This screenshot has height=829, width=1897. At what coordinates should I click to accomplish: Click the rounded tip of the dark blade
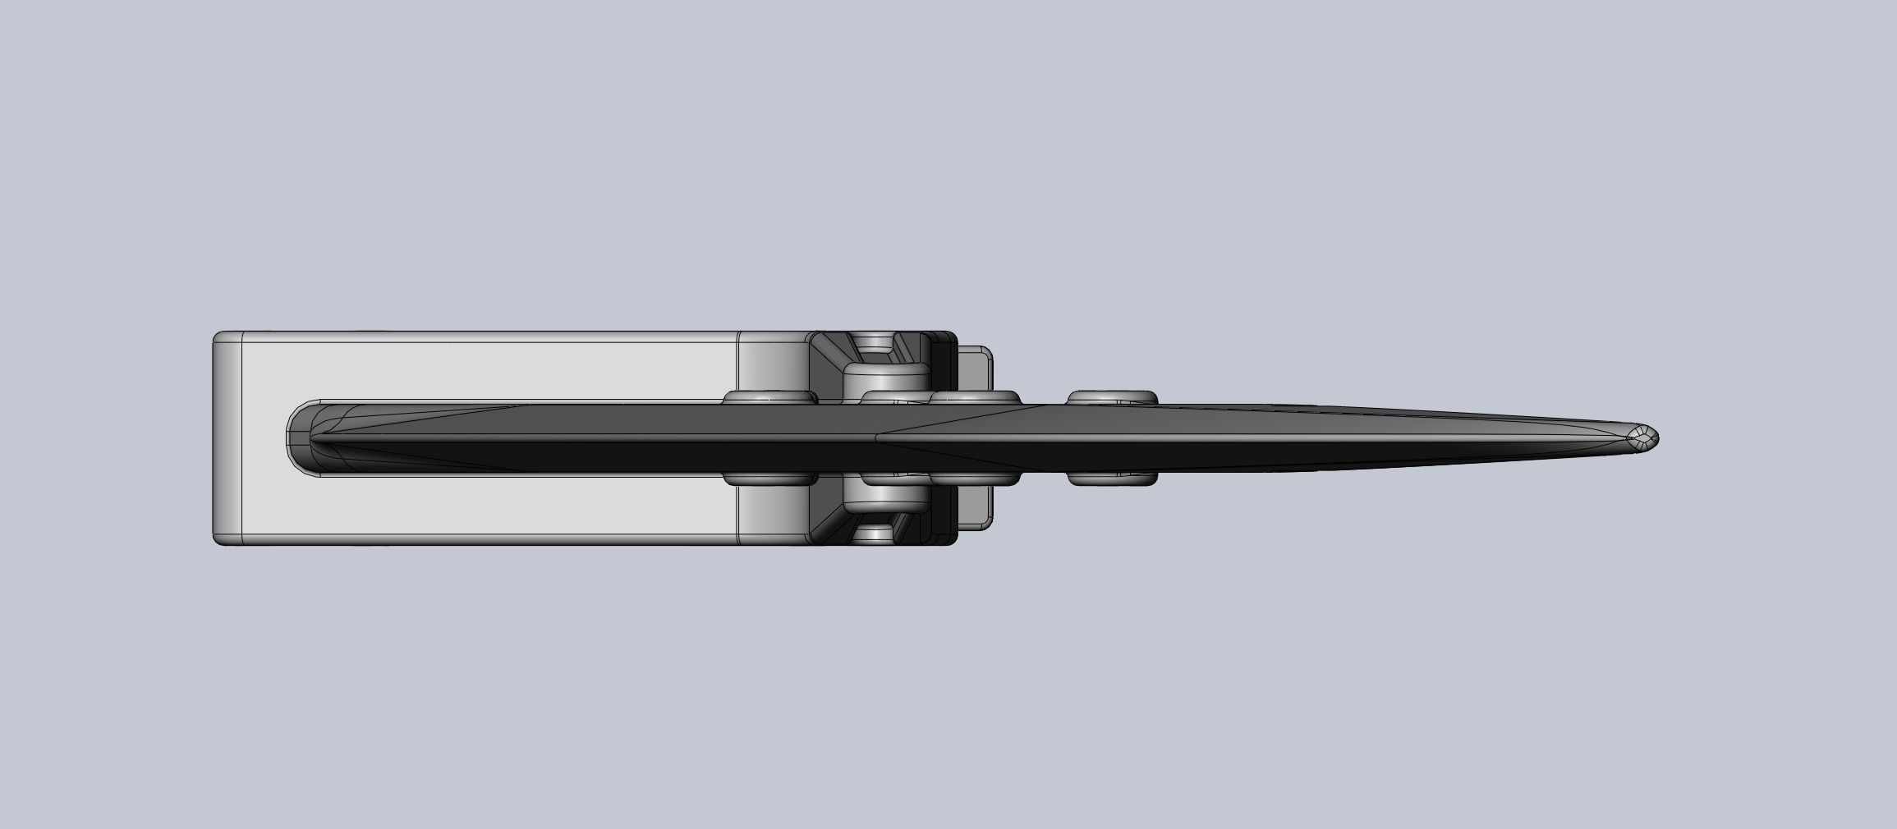1644,437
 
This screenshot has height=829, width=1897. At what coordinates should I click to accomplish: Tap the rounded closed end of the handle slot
300,437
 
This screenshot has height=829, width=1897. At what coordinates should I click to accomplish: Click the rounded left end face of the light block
227,437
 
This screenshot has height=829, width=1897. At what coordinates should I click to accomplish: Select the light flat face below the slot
493,506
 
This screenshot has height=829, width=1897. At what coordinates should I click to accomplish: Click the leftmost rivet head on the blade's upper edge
769,397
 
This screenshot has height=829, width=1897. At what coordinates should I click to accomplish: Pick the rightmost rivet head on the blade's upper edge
1113,397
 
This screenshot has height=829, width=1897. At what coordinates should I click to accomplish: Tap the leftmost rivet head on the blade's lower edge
769,479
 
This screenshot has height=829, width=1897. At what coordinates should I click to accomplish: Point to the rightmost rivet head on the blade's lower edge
1113,479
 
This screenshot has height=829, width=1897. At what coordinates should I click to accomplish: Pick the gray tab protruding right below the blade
976,509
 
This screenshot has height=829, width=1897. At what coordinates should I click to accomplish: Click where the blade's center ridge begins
877,437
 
